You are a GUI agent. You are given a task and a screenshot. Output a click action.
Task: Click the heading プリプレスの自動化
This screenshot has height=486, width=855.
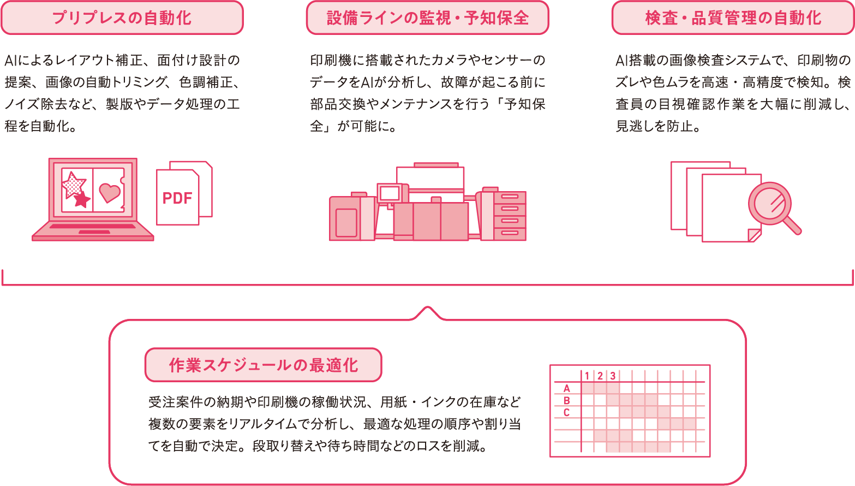point(122,18)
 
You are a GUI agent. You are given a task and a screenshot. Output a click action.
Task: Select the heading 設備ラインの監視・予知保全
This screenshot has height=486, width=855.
point(427,18)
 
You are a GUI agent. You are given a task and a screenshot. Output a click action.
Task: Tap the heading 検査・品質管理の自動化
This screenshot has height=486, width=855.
point(733,18)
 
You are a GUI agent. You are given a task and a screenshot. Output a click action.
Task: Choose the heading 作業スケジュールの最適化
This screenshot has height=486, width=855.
point(263,365)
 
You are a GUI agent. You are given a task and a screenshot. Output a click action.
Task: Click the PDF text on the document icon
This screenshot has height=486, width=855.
point(177,198)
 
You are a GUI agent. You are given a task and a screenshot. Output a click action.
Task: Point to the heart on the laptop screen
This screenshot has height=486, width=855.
point(110,192)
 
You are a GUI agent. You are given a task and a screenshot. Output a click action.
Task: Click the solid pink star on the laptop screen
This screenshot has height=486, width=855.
point(82,199)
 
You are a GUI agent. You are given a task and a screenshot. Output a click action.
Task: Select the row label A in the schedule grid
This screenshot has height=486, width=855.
point(567,388)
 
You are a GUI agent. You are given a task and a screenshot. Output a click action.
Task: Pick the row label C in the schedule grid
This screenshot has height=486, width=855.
point(566,412)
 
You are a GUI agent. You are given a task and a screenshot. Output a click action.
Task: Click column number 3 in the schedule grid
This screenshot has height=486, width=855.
point(613,376)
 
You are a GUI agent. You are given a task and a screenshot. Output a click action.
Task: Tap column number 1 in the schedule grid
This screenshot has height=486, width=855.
point(587,376)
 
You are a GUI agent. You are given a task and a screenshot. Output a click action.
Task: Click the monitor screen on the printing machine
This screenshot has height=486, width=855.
point(390,193)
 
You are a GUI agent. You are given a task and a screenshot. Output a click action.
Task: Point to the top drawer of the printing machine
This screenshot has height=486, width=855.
point(510,197)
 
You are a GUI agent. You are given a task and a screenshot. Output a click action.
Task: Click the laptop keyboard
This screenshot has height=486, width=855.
point(93,226)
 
